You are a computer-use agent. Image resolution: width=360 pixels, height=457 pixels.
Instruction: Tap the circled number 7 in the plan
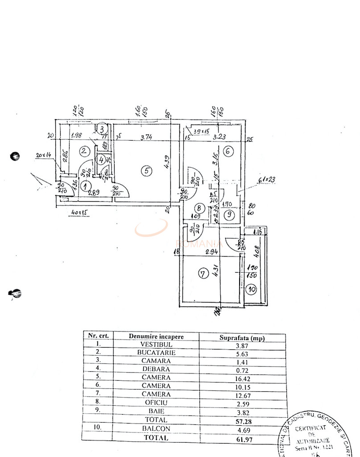pos(203,274)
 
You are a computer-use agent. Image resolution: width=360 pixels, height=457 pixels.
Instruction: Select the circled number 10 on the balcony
pos(252,289)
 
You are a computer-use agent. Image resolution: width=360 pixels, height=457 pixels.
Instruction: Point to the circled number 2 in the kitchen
pos(84,151)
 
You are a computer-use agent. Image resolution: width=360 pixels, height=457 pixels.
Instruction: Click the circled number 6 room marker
pos(227,151)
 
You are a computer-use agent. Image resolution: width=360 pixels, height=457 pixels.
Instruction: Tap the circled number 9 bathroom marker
pos(228,215)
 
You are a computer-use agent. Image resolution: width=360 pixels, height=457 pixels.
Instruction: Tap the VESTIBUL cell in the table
pos(156,344)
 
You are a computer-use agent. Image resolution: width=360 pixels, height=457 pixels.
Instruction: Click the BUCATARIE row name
pos(156,353)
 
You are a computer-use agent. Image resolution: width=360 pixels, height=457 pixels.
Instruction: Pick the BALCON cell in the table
pos(156,428)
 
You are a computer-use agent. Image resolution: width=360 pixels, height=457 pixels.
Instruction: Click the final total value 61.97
pos(242,438)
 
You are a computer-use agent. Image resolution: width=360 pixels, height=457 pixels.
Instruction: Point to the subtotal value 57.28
pos(242,420)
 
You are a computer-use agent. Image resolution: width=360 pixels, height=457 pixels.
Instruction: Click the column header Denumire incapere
pos(156,336)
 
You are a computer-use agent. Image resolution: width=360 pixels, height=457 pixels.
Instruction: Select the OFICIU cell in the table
pos(156,403)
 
